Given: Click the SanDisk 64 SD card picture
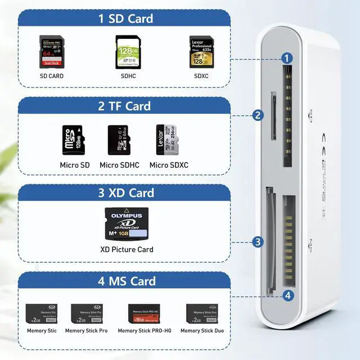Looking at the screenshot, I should pos(51,52).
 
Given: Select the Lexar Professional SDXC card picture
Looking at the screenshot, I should pos(201,52).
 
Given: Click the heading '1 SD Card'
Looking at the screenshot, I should pos(125,19).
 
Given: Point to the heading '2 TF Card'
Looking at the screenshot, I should pos(125,106).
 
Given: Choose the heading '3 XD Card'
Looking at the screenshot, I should pos(125,193).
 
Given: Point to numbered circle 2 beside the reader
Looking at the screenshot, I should pos(258,115).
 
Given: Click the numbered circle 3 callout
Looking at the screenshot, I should pos(258,242).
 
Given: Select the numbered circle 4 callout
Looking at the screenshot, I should pos(288,295).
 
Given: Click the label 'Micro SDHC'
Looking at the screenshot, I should pos(120,165).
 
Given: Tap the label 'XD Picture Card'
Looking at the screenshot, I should pos(127,249).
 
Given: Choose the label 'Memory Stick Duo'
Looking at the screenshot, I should pos(201,330).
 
